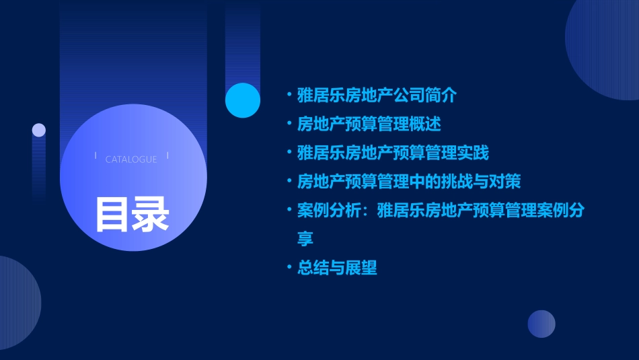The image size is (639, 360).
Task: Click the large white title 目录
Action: point(132,215)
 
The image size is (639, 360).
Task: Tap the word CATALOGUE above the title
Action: point(131,159)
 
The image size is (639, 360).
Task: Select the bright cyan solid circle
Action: point(243,100)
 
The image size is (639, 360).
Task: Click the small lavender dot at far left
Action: point(39,130)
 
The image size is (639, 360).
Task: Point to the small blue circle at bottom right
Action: point(541,324)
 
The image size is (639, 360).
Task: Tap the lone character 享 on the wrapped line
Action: point(305,239)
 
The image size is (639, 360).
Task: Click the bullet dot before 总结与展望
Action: point(289,268)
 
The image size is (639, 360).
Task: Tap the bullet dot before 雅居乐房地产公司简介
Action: point(289,96)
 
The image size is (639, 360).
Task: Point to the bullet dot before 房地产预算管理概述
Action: point(289,124)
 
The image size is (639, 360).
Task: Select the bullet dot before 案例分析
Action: point(289,211)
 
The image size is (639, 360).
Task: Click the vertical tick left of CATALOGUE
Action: point(96,156)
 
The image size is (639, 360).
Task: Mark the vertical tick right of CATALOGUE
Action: point(167,156)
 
